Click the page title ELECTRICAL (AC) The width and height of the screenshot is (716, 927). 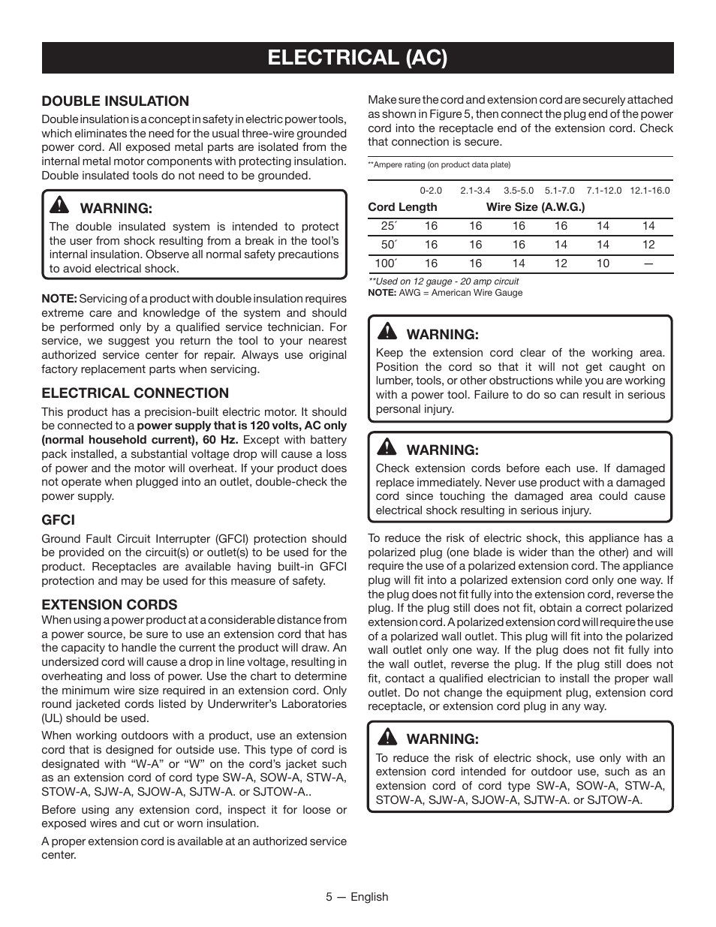click(x=357, y=58)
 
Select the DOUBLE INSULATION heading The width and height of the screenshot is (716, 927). click(x=115, y=101)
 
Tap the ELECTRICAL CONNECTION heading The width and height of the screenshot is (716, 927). click(x=135, y=393)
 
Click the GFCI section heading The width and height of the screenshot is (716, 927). click(x=58, y=519)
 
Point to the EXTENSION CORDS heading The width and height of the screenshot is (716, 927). click(x=110, y=604)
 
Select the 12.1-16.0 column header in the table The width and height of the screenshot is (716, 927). click(x=649, y=191)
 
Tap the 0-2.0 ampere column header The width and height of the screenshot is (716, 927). click(x=431, y=191)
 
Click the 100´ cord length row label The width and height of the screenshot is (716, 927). click(x=386, y=263)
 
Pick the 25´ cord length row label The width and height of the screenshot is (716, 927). click(x=388, y=226)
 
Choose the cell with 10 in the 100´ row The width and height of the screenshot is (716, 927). click(x=603, y=263)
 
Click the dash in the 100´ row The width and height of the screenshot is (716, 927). click(x=648, y=263)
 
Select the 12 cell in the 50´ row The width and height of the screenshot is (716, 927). click(x=648, y=245)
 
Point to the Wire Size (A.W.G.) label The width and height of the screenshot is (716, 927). click(x=535, y=207)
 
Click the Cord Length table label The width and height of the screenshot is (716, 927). click(x=402, y=207)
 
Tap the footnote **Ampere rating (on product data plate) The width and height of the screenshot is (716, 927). click(x=428, y=165)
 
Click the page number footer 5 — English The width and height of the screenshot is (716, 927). click(x=357, y=897)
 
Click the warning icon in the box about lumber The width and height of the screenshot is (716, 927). click(x=387, y=333)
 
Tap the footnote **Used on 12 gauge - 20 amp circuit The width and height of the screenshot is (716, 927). click(x=443, y=281)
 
